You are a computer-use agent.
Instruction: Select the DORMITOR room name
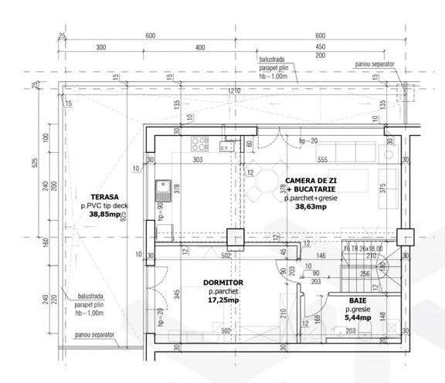pos(224,283)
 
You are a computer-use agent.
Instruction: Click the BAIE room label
pos(358,299)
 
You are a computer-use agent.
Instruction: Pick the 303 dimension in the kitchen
pos(197,160)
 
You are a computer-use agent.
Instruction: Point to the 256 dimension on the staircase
pos(363,273)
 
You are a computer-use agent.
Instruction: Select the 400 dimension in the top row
pos(200,48)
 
